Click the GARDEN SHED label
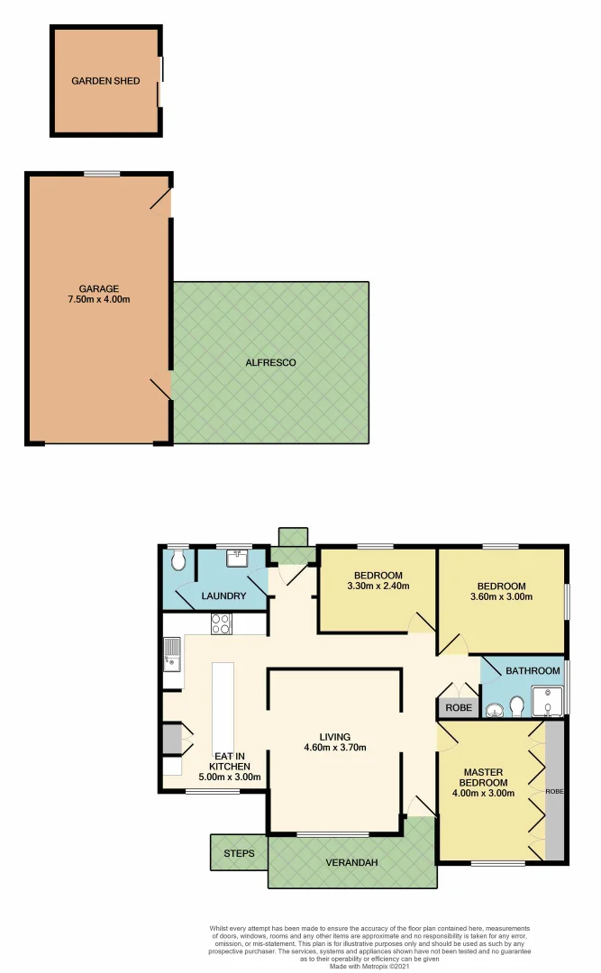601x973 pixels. tap(105, 80)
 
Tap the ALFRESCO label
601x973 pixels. tap(270, 362)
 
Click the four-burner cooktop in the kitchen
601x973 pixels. tap(220, 623)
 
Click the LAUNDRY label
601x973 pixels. tap(223, 596)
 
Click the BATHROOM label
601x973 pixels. tap(524, 671)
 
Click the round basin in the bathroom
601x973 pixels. tap(493, 711)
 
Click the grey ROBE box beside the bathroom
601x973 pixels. tap(458, 708)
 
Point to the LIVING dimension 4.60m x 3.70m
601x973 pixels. tap(333, 747)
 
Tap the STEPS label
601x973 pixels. tap(239, 853)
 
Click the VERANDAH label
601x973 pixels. tap(351, 862)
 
